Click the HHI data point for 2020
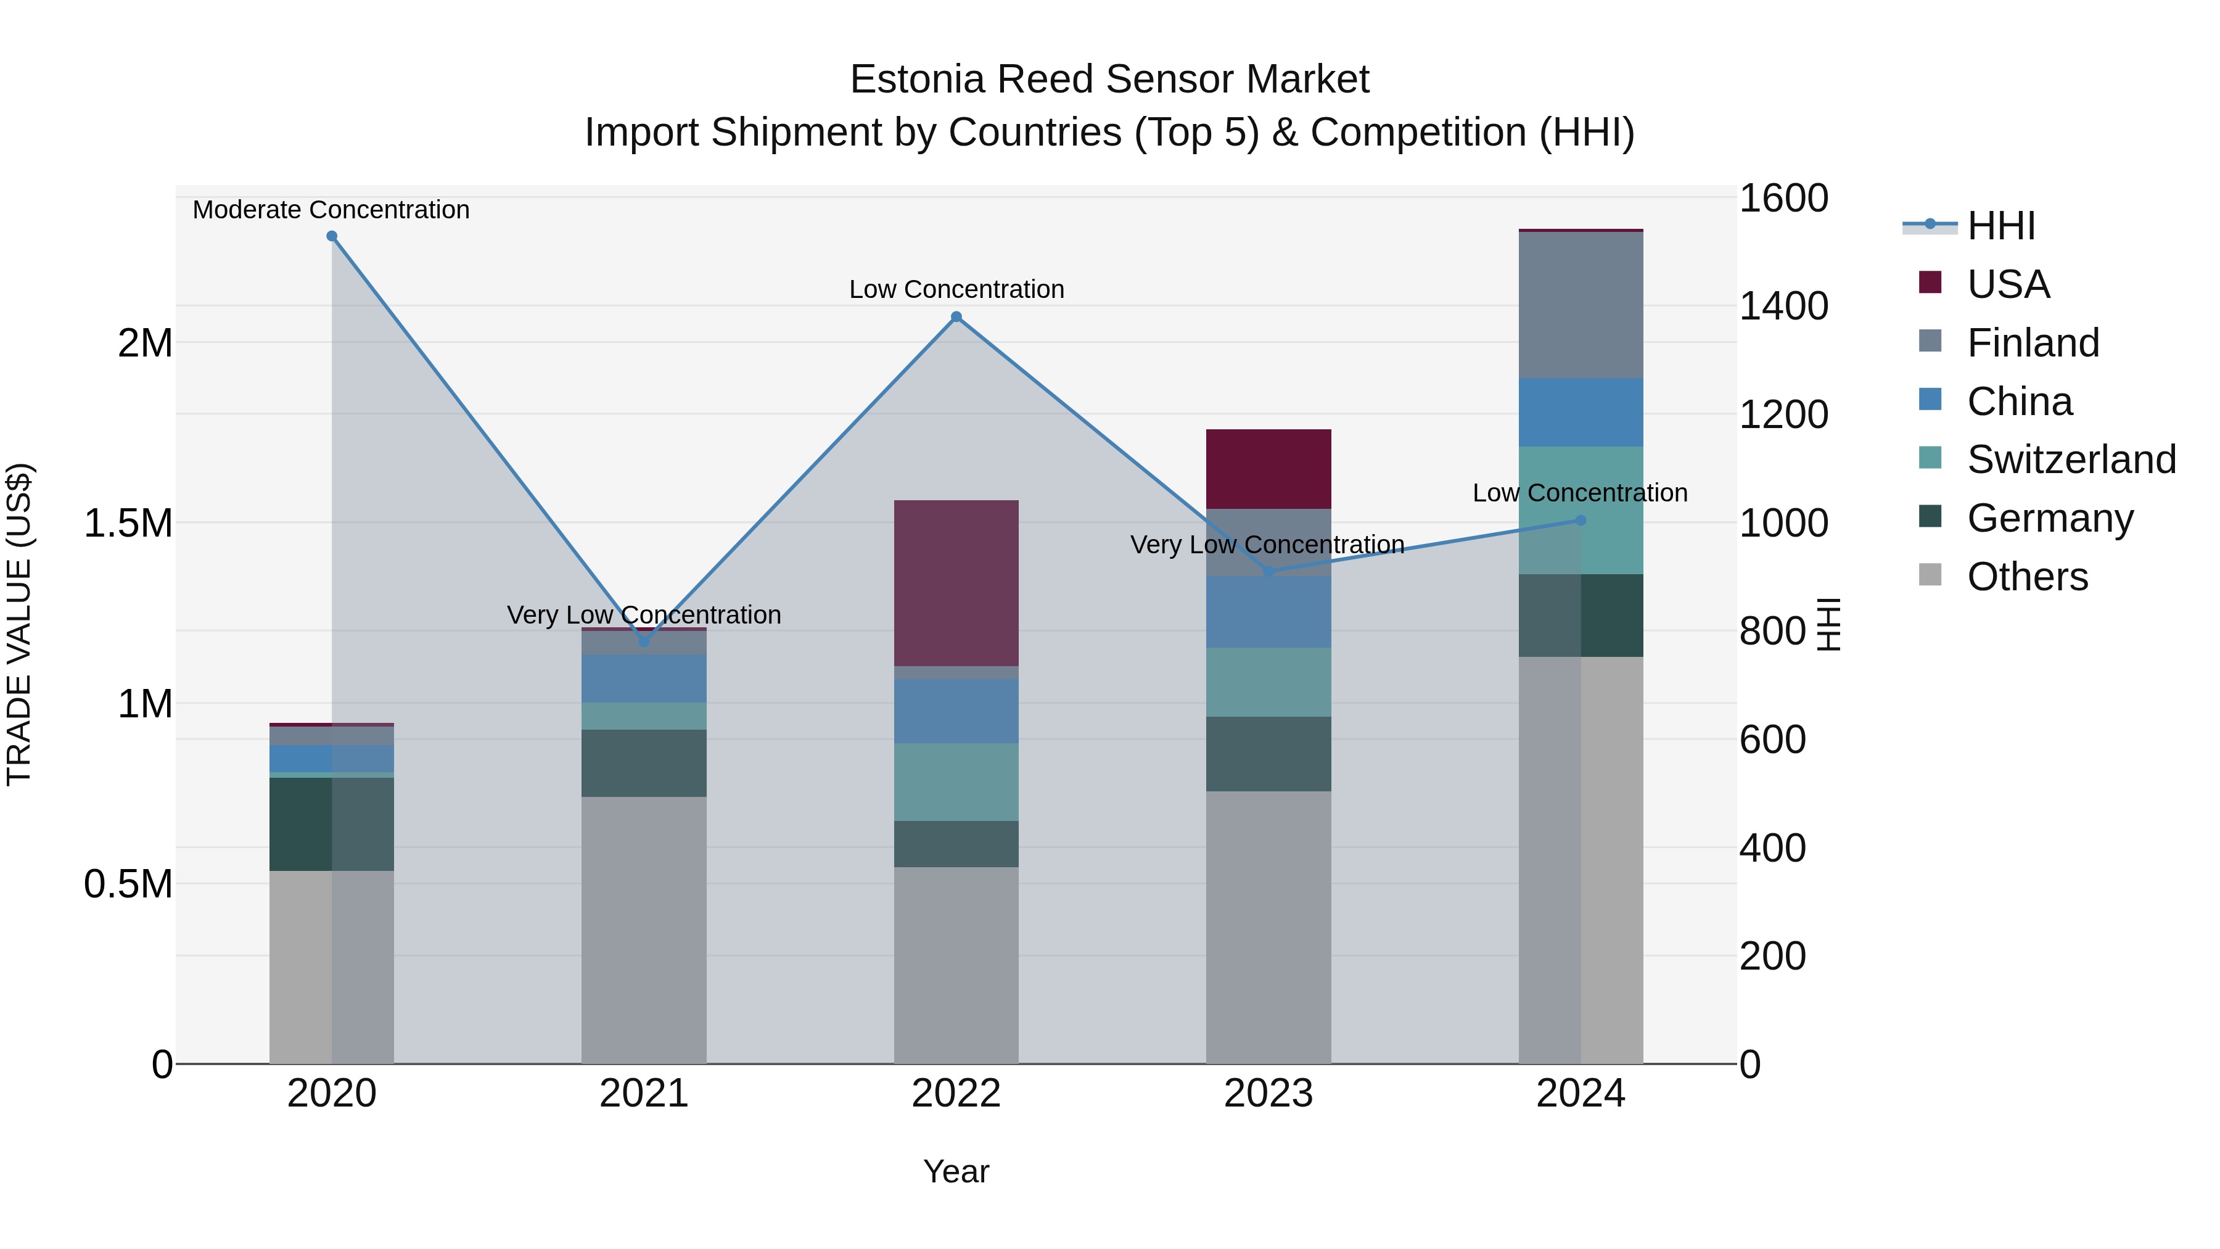[x=332, y=236]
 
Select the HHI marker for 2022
[x=956, y=317]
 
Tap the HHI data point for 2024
[x=1581, y=521]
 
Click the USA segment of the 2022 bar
[x=956, y=583]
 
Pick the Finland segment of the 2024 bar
[x=1581, y=305]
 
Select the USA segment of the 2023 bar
[x=1268, y=469]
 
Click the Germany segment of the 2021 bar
[x=644, y=763]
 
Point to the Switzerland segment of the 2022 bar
[x=956, y=782]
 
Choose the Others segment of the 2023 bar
[x=1268, y=926]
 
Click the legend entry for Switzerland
[x=2071, y=460]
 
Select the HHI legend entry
[x=2001, y=226]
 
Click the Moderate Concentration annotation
[x=331, y=210]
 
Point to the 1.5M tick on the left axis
[x=128, y=523]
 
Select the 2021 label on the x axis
[x=644, y=1094]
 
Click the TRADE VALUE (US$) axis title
[x=19, y=624]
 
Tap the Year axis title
[x=956, y=1171]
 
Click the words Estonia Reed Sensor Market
[x=1109, y=80]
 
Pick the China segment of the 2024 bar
[x=1581, y=412]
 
